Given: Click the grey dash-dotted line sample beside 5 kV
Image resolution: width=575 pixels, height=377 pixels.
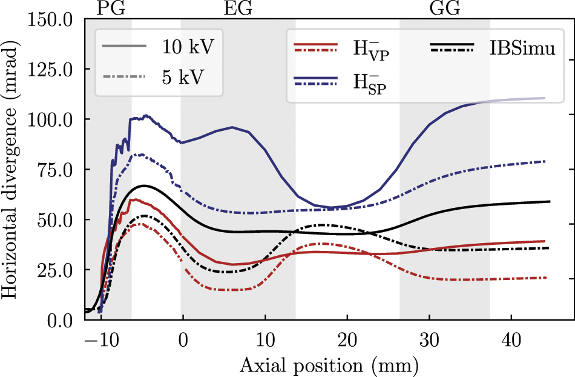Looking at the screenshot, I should click(x=124, y=77).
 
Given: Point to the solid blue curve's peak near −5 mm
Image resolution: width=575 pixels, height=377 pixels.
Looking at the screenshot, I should click(x=145, y=115).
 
